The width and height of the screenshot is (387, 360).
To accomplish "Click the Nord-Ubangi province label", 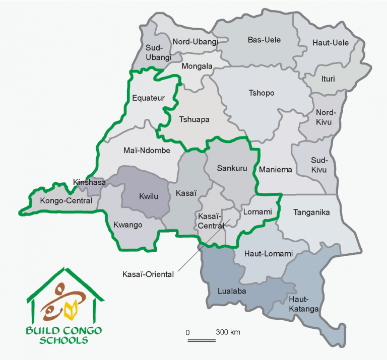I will click(195, 42).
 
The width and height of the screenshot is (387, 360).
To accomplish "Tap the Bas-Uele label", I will click(264, 40).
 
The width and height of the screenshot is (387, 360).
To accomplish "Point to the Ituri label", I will click(328, 79).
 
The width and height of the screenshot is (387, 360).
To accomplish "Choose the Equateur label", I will click(145, 98).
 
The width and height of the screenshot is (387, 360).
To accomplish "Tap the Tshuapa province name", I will click(194, 119).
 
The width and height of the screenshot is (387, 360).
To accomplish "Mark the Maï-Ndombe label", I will click(147, 150).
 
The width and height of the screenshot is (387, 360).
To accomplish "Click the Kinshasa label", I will click(89, 182).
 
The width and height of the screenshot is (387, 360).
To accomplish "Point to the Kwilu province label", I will click(148, 196).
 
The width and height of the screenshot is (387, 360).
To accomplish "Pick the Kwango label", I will click(128, 224).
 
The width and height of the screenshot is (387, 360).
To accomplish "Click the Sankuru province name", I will click(232, 168).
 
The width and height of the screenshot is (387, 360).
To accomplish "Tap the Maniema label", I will click(275, 170).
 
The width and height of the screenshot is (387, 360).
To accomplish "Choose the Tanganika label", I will click(311, 212).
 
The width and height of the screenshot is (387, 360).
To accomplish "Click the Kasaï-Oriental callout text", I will click(148, 274).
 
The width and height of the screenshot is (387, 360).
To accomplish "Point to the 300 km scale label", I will click(228, 332).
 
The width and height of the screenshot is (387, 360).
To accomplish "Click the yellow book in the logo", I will click(72, 309).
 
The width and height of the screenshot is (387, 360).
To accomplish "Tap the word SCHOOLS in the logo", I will click(64, 340).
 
